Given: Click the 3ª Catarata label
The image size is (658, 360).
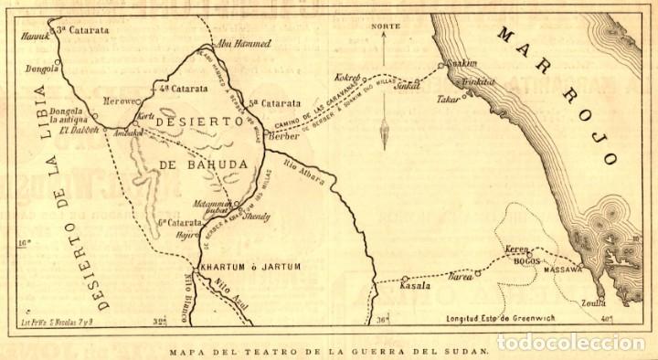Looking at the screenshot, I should tap(81, 29).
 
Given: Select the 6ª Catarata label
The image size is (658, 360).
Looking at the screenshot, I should tap(178, 222).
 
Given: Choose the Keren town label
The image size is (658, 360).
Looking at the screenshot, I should tap(517, 249).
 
